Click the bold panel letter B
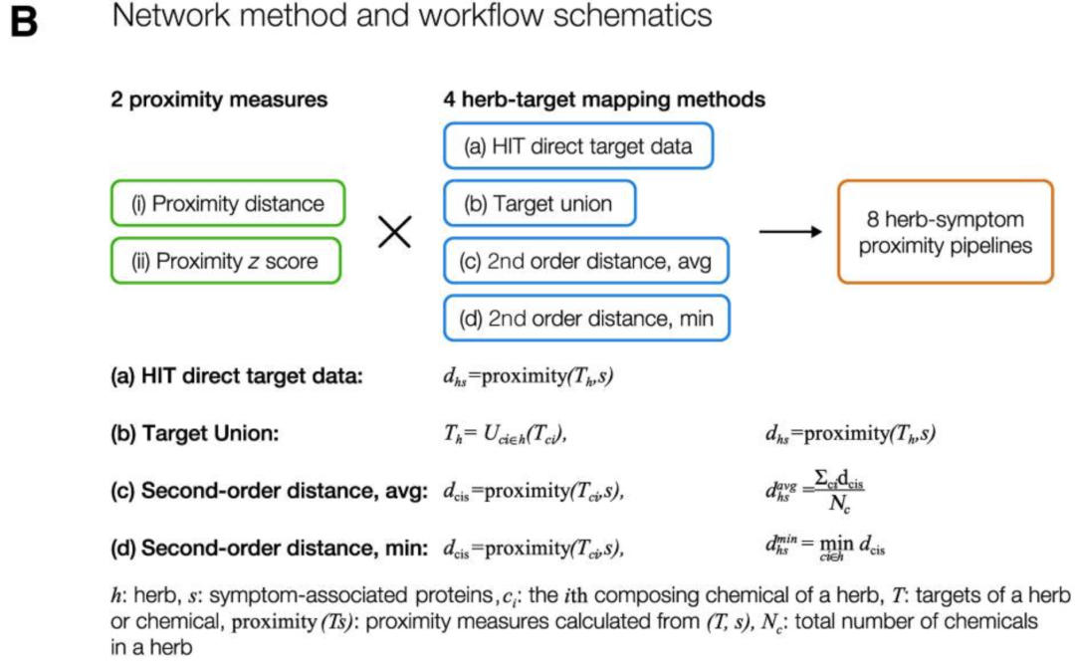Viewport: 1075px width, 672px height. [x=23, y=21]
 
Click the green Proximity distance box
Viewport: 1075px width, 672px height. [x=228, y=204]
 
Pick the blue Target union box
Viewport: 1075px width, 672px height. [x=538, y=205]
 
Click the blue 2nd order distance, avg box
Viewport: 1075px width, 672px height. [x=586, y=262]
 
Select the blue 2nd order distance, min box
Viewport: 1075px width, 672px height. [x=586, y=319]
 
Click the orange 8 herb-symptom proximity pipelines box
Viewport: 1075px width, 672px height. [x=945, y=232]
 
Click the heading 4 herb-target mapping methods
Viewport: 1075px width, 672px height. [x=603, y=99]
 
